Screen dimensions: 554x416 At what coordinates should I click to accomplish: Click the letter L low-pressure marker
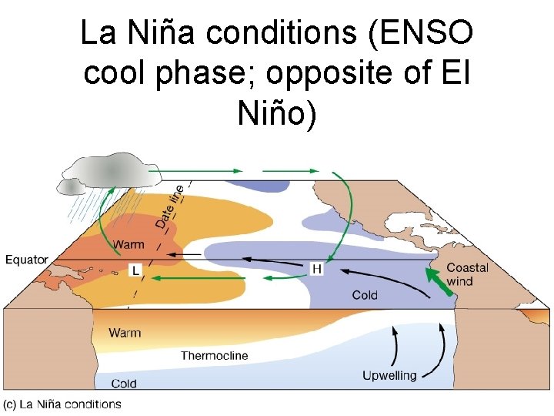pyautogui.click(x=135, y=270)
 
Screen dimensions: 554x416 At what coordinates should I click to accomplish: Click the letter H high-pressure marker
pyautogui.click(x=317, y=268)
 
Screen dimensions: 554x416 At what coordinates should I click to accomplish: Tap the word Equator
pyautogui.click(x=27, y=260)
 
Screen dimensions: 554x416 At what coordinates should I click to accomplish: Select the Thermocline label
pyautogui.click(x=215, y=355)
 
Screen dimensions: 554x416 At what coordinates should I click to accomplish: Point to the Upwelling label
pyautogui.click(x=389, y=375)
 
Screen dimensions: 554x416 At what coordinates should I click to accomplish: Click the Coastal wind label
pyautogui.click(x=468, y=274)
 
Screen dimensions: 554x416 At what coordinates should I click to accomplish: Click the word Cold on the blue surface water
pyautogui.click(x=365, y=294)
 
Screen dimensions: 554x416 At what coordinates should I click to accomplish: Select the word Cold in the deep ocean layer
pyautogui.click(x=124, y=383)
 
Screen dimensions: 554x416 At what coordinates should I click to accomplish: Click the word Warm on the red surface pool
pyautogui.click(x=128, y=245)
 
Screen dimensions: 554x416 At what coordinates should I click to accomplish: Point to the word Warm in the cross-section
pyautogui.click(x=125, y=333)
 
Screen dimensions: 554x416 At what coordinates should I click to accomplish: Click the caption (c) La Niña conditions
pyautogui.click(x=62, y=404)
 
